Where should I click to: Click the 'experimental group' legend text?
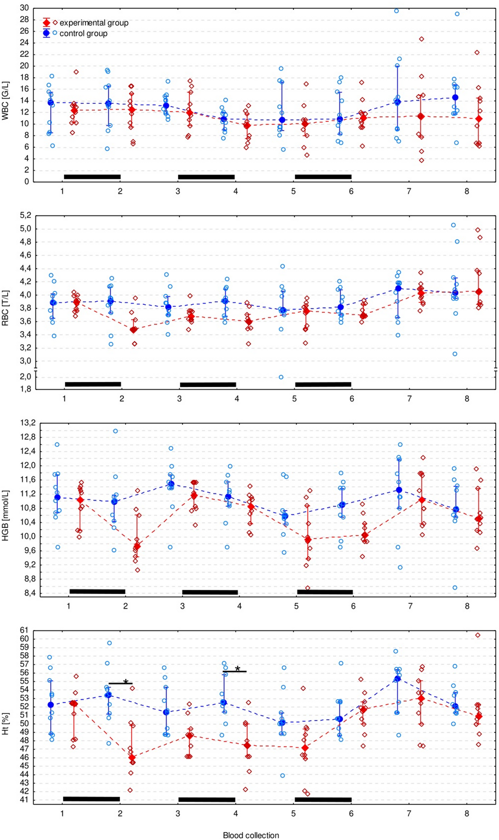pyautogui.click(x=94, y=23)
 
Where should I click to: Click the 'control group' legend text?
pyautogui.click(x=83, y=33)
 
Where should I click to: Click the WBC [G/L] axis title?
pyautogui.click(x=5, y=101)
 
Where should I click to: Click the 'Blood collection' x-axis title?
pyautogui.click(x=251, y=835)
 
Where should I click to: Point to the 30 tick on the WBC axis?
pyautogui.click(x=24, y=8)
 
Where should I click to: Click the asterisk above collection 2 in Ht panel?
pyautogui.click(x=126, y=682)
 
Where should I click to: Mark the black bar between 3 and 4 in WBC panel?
pyautogui.click(x=206, y=177)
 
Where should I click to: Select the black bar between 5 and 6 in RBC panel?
pyautogui.click(x=323, y=384)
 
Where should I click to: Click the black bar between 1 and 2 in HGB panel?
pyautogui.click(x=97, y=591)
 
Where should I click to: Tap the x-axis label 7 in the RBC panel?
pyautogui.click(x=409, y=399)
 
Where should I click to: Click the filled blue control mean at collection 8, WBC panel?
pyautogui.click(x=455, y=98)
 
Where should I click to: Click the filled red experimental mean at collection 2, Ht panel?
pyautogui.click(x=132, y=758)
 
